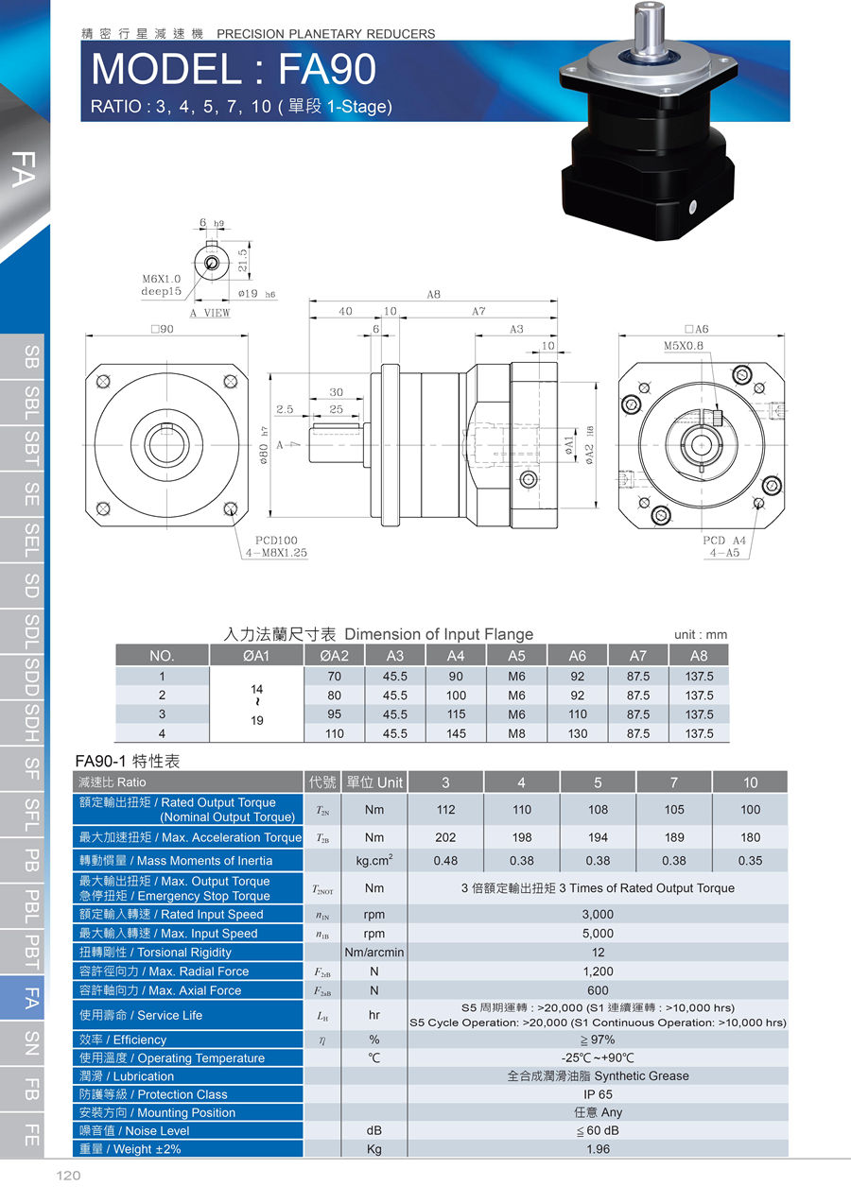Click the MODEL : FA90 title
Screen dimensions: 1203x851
click(234, 69)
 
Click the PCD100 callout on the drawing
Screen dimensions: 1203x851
click(276, 541)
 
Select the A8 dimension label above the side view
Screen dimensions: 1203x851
click(433, 294)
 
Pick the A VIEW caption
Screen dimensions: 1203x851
click(210, 313)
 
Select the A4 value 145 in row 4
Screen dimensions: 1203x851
click(456, 733)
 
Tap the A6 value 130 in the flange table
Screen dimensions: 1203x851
click(577, 733)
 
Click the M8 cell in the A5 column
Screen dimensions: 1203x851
click(516, 733)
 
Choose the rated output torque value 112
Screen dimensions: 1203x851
click(446, 810)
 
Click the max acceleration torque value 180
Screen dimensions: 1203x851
click(750, 837)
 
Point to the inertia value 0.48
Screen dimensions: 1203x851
click(446, 861)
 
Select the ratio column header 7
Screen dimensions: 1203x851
click(674, 782)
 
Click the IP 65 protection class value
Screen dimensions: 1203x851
click(598, 1094)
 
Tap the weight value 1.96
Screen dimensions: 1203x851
click(598, 1149)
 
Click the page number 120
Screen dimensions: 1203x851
click(67, 1176)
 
